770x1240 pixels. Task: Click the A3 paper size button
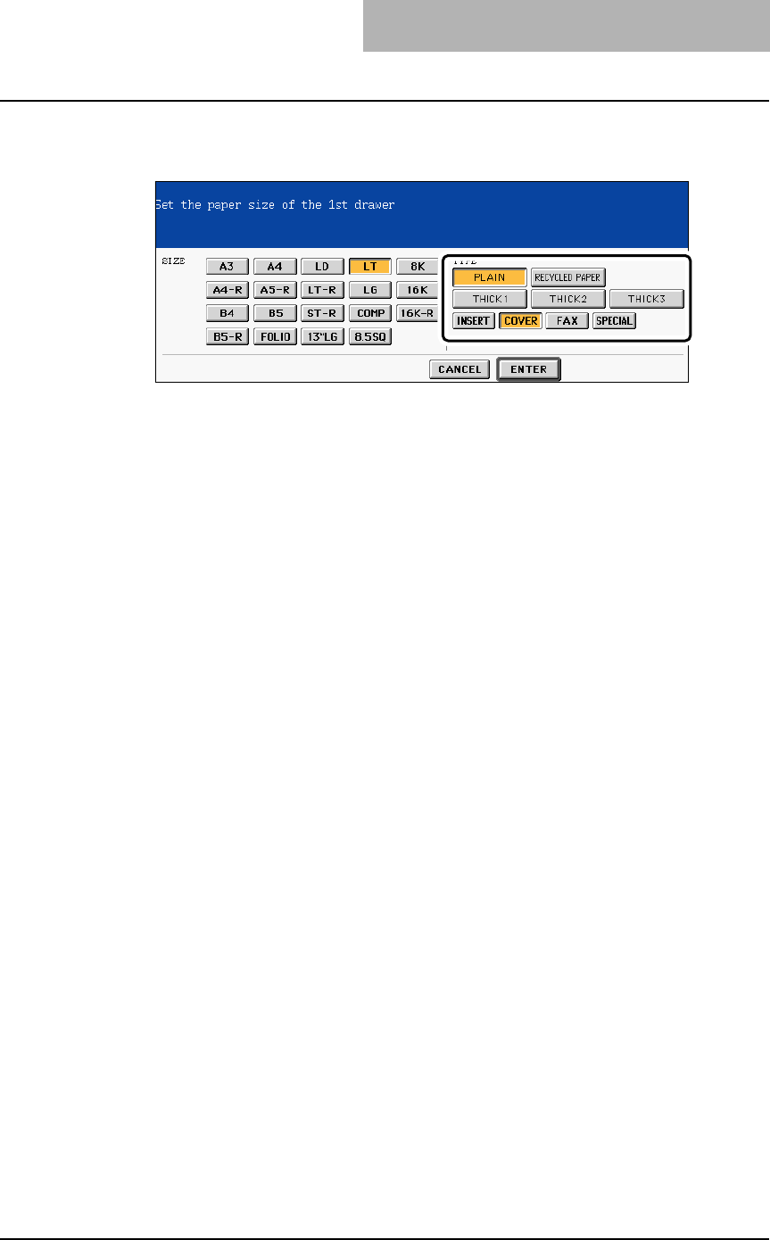227,266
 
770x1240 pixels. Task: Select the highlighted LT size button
369,266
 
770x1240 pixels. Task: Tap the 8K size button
417,266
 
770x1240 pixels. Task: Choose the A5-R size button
274,290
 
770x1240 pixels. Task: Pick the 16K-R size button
417,314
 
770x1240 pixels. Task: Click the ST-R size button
322,314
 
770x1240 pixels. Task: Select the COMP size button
369,314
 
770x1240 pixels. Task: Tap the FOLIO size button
274,338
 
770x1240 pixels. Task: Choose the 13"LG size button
322,338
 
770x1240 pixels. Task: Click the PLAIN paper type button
489,277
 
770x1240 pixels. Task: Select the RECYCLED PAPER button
567,277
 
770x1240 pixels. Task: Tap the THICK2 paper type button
567,300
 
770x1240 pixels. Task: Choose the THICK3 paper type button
646,300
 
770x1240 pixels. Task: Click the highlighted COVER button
520,321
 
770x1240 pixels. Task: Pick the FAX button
567,321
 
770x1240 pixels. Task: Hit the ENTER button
528,369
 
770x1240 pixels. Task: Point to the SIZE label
173,261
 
